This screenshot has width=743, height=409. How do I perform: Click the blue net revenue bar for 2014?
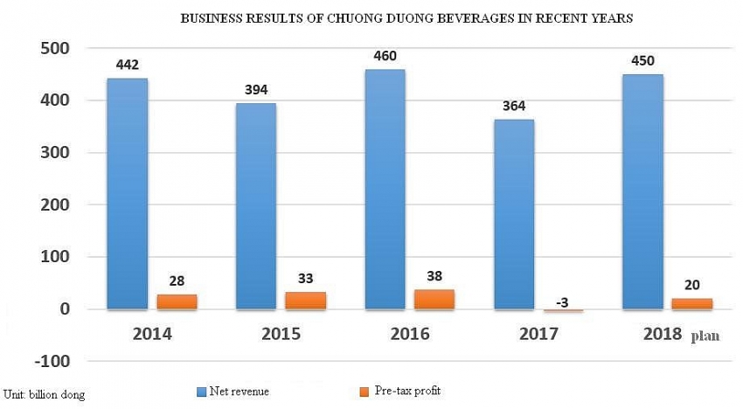pos(128,193)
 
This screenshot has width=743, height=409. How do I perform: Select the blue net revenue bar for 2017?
pos(514,214)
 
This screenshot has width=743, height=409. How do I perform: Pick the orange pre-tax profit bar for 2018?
pos(691,303)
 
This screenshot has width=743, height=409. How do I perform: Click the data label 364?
pos(514,107)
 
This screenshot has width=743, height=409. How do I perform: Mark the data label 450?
pos(642,61)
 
